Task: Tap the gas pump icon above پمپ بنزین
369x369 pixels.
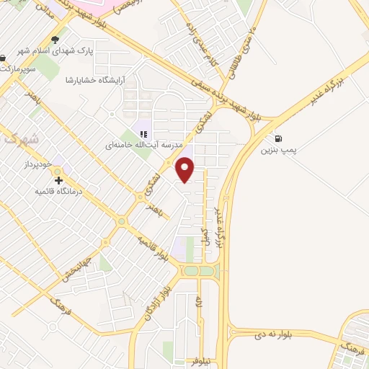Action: coord(277,139)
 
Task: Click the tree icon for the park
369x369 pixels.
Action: coord(55,41)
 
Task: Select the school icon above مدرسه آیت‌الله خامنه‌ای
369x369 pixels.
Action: coord(142,133)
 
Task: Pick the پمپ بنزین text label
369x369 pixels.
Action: coord(279,152)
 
